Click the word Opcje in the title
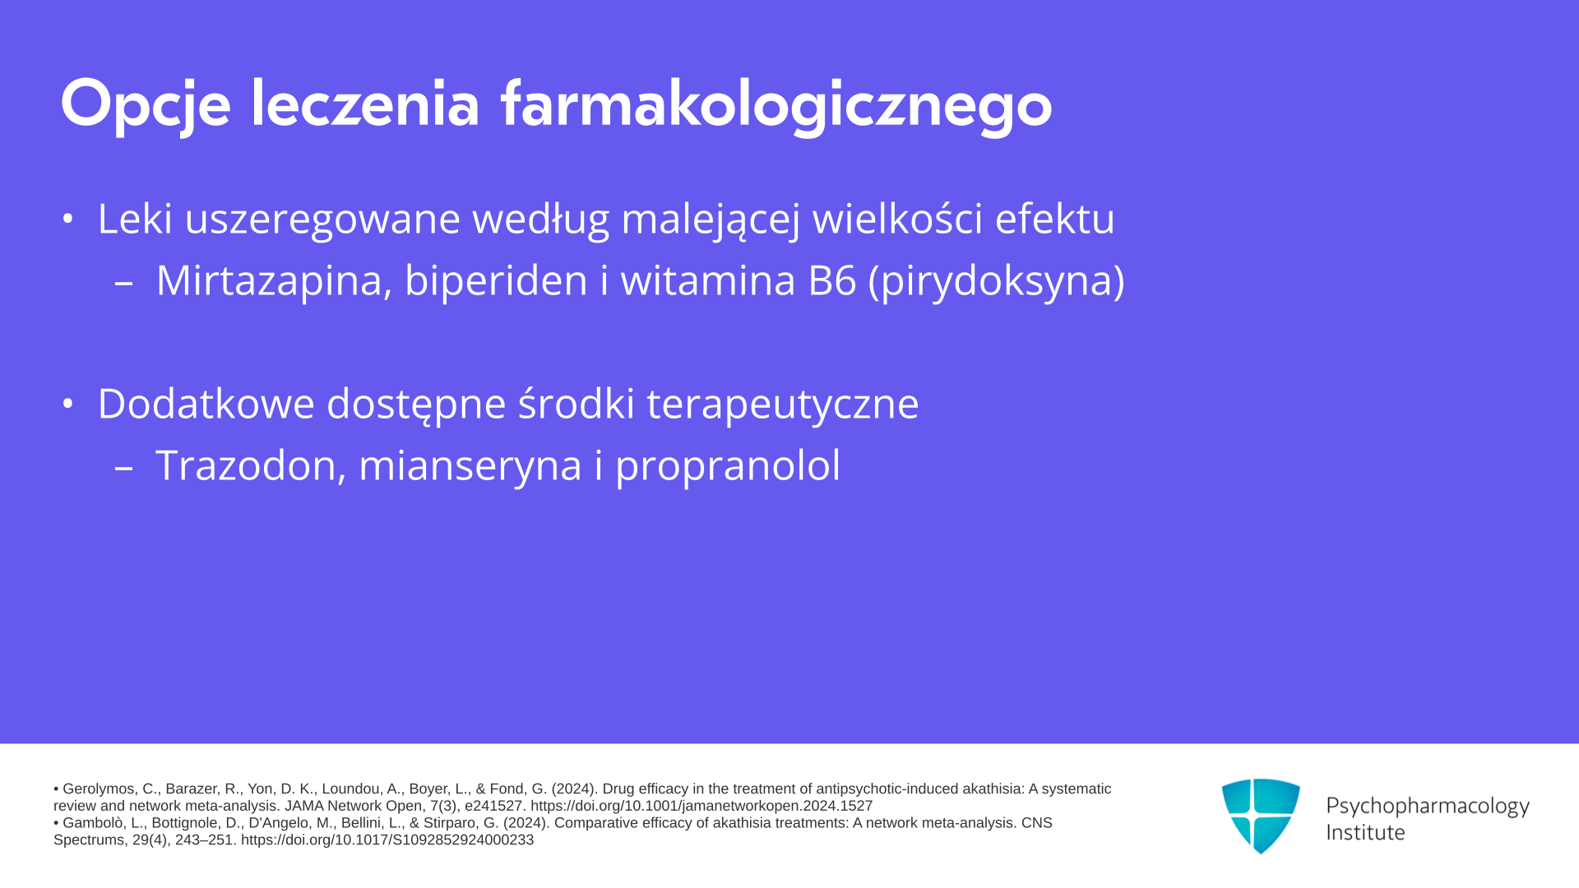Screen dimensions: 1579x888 tap(146, 104)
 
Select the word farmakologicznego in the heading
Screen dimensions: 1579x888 tap(776, 104)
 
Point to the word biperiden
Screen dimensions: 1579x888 tap(497, 280)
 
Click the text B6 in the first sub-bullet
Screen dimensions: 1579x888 tap(832, 280)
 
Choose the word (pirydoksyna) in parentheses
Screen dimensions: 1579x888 tap(997, 282)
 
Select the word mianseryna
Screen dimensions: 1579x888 tap(471, 467)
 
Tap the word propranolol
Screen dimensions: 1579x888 tap(728, 467)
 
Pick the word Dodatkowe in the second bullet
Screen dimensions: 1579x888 tap(206, 404)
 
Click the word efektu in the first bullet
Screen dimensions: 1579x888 tap(1055, 219)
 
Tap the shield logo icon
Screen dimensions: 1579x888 tap(1261, 816)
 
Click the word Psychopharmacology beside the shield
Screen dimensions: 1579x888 tap(1428, 807)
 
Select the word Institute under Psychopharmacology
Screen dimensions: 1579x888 tap(1365, 832)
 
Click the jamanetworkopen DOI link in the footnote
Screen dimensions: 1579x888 tap(702, 806)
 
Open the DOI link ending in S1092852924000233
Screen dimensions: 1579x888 tap(387, 840)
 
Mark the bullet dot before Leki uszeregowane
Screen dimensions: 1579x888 tap(68, 219)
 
